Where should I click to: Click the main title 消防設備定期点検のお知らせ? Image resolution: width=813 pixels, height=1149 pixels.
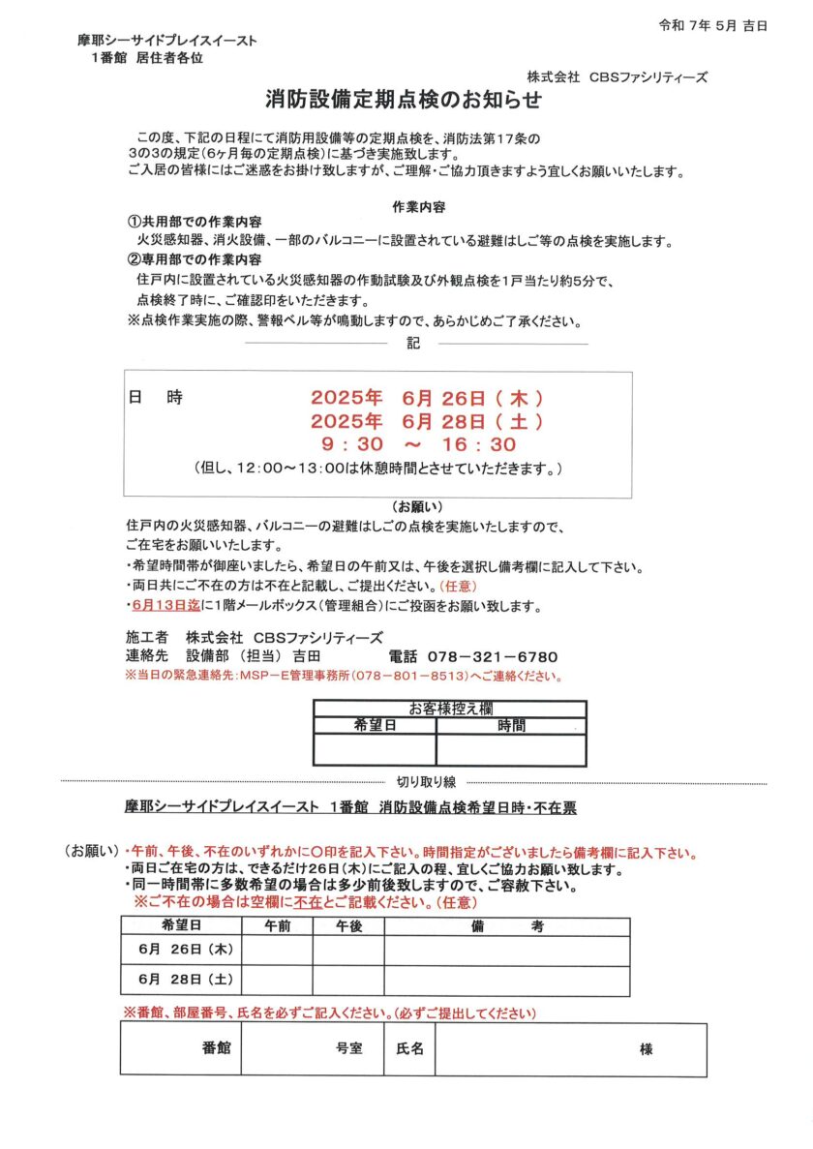tap(404, 100)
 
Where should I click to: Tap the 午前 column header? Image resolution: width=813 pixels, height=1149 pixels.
tap(276, 926)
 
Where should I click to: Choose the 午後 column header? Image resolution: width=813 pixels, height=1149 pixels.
tap(348, 926)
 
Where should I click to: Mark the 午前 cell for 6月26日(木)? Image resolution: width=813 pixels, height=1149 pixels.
tap(276, 952)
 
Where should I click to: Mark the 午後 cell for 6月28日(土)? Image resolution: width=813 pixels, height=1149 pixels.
tap(348, 980)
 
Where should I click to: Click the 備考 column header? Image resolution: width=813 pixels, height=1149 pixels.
tap(507, 926)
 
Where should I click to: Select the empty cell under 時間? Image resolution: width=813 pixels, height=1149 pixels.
tap(511, 748)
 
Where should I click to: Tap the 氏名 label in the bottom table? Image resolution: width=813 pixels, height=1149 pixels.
tap(410, 1048)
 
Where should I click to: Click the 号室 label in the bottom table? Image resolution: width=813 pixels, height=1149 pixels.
tap(348, 1048)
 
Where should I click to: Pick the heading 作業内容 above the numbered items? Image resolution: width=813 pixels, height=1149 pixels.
tap(418, 207)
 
